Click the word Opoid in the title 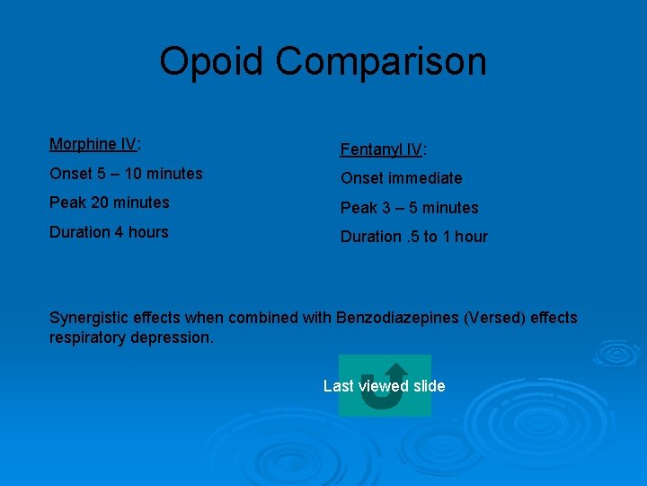[212, 62]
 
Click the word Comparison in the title [381, 62]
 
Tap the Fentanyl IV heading [383, 149]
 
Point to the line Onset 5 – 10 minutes [126, 173]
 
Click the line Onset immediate [401, 178]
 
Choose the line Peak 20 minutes [110, 202]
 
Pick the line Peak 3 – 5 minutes [409, 208]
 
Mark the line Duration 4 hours [109, 232]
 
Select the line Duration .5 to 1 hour [413, 237]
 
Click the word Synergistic [90, 318]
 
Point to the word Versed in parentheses [492, 318]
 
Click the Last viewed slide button [385, 386]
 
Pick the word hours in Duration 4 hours [148, 232]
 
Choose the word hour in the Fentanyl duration [471, 237]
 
